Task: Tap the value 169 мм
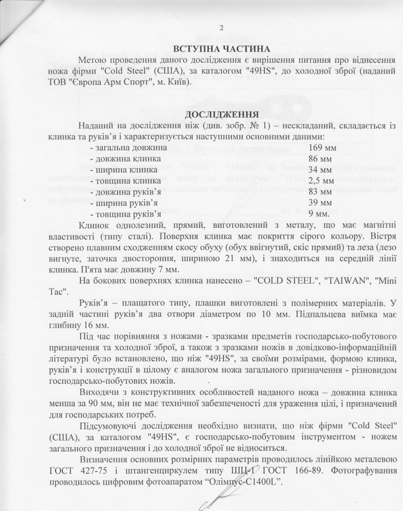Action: (x=323, y=148)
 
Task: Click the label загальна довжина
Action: (x=129, y=148)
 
